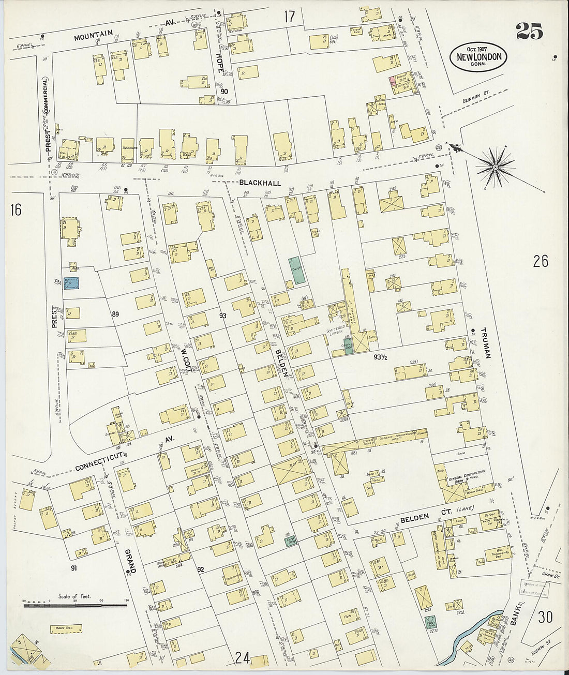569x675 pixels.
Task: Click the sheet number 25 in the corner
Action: tap(529, 32)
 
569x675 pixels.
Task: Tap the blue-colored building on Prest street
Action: tap(71, 283)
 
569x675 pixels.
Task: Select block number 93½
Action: tap(381, 357)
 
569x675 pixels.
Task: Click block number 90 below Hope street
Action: tap(224, 92)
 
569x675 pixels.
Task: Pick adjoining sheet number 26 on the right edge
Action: tap(541, 262)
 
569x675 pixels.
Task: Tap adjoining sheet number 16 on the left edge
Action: tap(16, 209)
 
